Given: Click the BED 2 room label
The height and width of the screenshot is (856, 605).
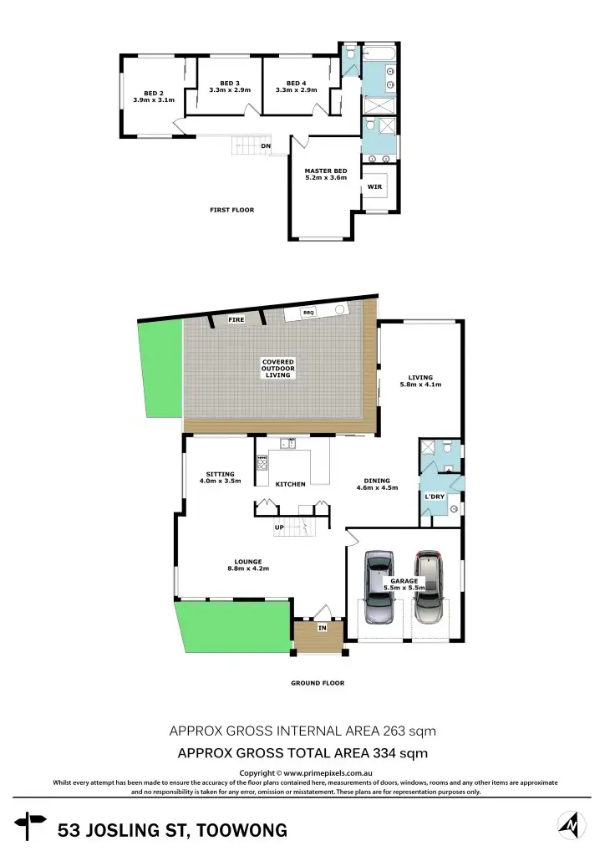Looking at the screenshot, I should click(153, 93).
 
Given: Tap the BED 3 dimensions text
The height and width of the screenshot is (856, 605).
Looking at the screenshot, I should click(230, 89).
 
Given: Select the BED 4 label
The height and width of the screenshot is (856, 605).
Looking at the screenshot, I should click(297, 83).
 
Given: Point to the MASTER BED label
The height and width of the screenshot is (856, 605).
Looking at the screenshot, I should click(325, 171).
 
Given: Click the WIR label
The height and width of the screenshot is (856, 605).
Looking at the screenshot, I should click(374, 186).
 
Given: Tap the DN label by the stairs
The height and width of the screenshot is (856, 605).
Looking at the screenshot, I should click(266, 146).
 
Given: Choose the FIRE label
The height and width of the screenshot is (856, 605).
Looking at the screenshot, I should click(236, 319).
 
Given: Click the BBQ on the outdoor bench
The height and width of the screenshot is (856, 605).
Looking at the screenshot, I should click(308, 312).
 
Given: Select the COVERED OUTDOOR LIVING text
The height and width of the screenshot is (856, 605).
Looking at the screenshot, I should click(277, 368).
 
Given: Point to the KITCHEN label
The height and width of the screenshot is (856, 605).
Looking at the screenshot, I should click(290, 484).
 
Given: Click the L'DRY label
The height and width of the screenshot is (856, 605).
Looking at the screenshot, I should click(435, 497).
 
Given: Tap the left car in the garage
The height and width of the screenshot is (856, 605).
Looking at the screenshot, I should click(380, 587).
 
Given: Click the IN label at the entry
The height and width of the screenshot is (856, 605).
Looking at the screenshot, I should click(322, 627).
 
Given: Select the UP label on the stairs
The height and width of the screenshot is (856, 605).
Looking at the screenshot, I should click(279, 527).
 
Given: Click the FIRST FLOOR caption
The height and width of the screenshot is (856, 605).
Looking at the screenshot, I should click(231, 210).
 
